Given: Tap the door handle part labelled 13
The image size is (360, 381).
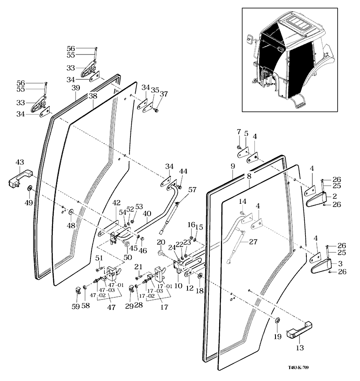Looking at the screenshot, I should [295, 329].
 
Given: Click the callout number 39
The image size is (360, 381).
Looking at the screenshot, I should [76, 88].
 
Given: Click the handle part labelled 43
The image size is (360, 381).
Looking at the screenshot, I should [20, 177].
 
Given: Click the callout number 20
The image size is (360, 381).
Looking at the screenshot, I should [161, 242].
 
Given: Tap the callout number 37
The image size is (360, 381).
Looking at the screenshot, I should [163, 94].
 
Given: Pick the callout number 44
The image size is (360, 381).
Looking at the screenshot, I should [183, 171].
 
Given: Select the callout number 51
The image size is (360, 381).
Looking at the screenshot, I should [99, 258].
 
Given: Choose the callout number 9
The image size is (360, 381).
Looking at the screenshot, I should [232, 165].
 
